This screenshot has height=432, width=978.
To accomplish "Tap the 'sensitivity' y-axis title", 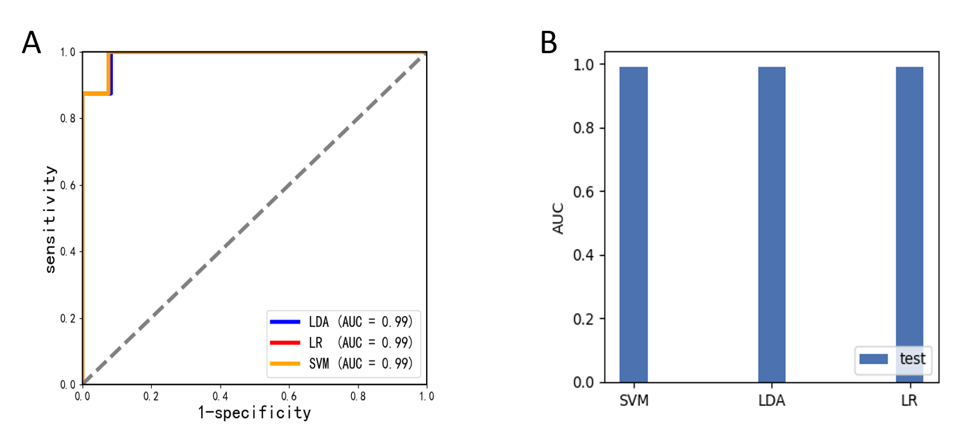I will click(50, 219).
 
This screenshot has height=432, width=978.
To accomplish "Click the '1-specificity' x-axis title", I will click(254, 413).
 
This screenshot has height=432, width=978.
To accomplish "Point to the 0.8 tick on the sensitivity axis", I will click(68, 118).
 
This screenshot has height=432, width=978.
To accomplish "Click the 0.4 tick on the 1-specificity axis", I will click(220, 396).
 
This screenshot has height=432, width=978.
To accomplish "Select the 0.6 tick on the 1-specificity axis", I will click(289, 396).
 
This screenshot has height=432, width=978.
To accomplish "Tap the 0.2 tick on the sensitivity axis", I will click(68, 318).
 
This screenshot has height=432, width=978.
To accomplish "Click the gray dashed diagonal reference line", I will click(254, 219).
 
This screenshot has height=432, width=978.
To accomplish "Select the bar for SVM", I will click(633, 224).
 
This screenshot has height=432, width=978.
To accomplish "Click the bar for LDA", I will click(772, 224).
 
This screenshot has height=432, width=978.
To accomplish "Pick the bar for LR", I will click(909, 224).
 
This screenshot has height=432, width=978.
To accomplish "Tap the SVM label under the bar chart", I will click(633, 400).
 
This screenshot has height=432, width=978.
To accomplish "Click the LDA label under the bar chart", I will click(772, 400).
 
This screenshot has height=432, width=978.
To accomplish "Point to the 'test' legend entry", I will click(893, 359).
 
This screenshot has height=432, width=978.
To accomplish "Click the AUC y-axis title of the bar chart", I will click(558, 219).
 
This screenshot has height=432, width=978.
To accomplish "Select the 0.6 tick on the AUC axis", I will click(583, 192).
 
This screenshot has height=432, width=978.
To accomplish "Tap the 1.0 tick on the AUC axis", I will click(583, 64).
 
